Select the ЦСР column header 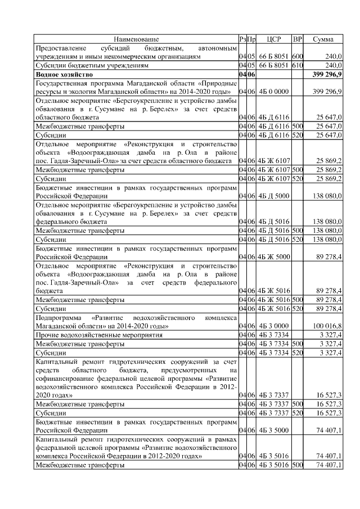(x=273, y=39)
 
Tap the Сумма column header (x=322, y=39)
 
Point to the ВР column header (x=298, y=39)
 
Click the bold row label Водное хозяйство (x=64, y=74)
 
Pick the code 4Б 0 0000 (x=273, y=91)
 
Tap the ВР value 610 (x=298, y=66)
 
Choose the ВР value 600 (x=298, y=57)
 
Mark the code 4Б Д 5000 (x=273, y=196)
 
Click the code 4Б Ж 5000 (x=273, y=257)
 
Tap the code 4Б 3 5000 (x=273, y=431)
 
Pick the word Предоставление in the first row (x=62, y=48)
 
